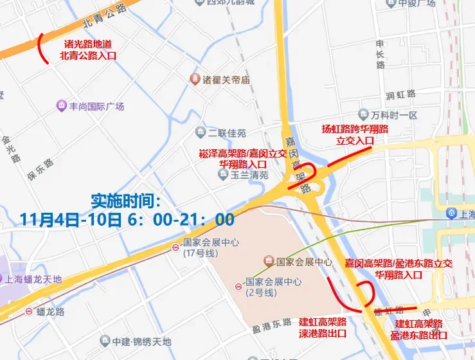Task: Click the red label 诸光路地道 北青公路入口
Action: pyautogui.click(x=88, y=51)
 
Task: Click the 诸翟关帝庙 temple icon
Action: pyautogui.click(x=194, y=80)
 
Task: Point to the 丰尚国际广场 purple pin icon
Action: pyautogui.click(x=61, y=105)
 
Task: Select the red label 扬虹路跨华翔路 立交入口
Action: pyautogui.click(x=355, y=134)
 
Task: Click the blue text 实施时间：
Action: pyautogui.click(x=128, y=200)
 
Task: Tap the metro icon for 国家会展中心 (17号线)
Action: pyautogui.click(x=175, y=248)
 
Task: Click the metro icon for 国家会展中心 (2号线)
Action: pyautogui.click(x=238, y=283)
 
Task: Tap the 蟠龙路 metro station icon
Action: pyautogui.click(x=30, y=312)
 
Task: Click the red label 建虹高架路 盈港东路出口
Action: pyautogui.click(x=419, y=329)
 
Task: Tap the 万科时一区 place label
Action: pyautogui.click(x=394, y=115)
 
